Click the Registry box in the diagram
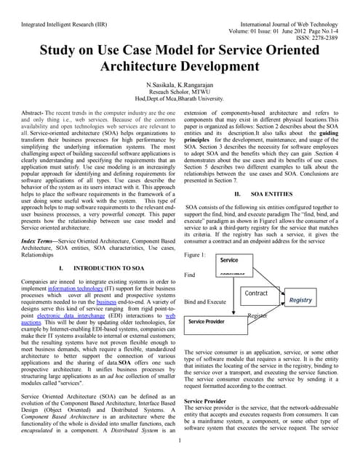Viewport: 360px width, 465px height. pos(300,300)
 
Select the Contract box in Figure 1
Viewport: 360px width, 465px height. pos(257,294)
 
